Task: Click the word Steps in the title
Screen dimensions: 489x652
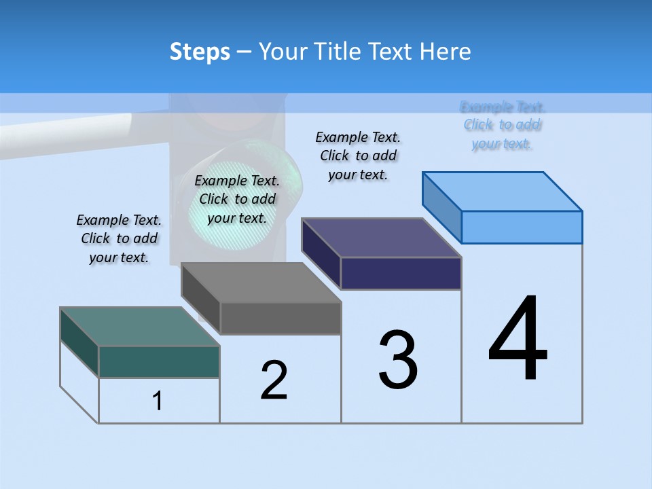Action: coord(200,52)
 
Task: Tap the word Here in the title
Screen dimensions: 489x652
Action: coord(446,52)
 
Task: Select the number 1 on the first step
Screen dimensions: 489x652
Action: coord(158,401)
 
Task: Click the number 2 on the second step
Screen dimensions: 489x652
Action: coord(274,380)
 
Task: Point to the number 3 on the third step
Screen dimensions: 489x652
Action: coord(398,361)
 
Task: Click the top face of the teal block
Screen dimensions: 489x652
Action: coord(139,327)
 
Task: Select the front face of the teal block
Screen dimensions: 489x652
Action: coord(159,361)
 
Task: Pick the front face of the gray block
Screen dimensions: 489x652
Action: coord(280,319)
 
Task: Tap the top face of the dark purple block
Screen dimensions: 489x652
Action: coord(381,238)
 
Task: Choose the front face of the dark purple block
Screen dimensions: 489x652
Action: coord(401,273)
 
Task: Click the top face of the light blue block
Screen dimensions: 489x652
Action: coord(503,192)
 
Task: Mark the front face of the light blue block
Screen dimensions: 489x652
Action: coord(522,227)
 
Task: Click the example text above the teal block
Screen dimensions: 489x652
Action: coord(119,238)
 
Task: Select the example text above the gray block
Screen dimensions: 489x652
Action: coord(237,199)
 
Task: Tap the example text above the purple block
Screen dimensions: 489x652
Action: coord(358,156)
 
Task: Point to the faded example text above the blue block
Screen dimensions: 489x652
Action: coord(502,125)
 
